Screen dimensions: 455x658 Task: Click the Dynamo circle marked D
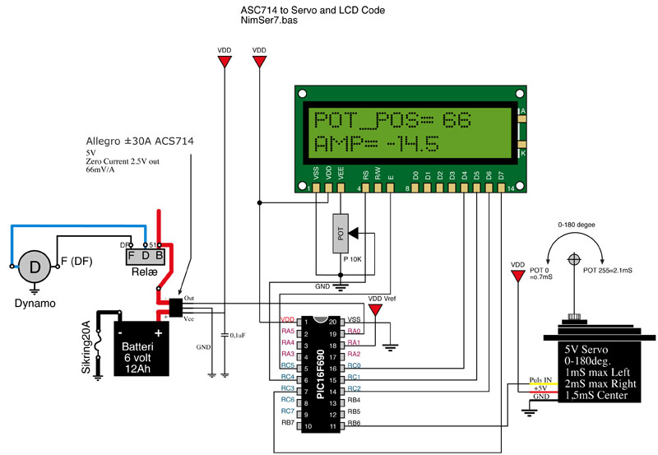(x=35, y=267)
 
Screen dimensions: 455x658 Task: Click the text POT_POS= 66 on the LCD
(x=392, y=119)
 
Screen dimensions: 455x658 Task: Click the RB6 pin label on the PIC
(x=354, y=424)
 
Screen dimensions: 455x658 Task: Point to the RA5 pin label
(x=288, y=331)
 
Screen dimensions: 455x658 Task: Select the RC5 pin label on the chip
(x=288, y=365)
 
